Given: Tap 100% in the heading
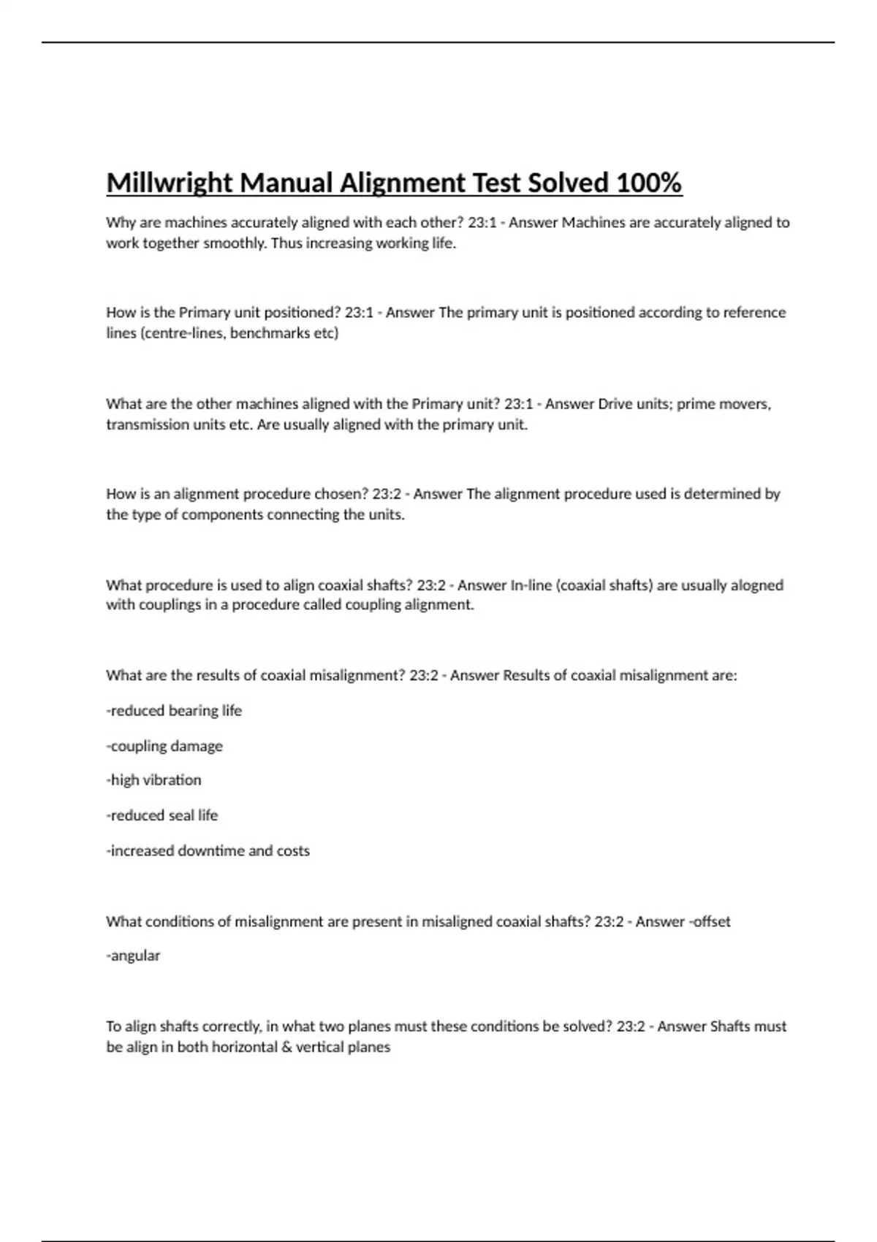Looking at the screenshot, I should (x=648, y=183).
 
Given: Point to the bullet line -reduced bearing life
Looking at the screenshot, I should (x=174, y=711).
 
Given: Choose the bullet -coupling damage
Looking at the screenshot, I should (x=164, y=746).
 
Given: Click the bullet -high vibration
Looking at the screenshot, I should (x=153, y=780).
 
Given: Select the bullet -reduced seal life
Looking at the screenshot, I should (x=162, y=815).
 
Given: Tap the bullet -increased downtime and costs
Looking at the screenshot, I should (x=208, y=850).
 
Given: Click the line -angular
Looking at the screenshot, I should (x=133, y=956).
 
